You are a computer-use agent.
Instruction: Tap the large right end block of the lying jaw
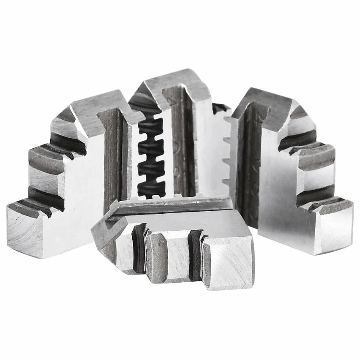228,262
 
